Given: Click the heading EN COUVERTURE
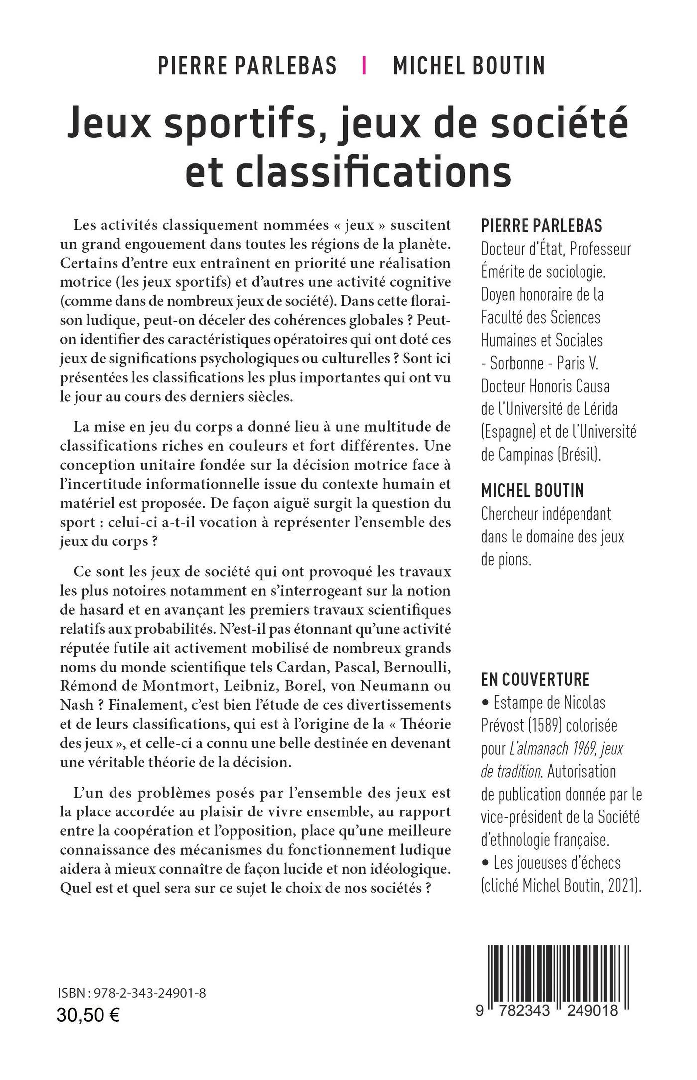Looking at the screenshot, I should coord(535,679).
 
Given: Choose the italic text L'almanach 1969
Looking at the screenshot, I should coord(548,748).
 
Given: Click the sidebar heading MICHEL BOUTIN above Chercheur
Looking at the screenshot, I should coord(532,491).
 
